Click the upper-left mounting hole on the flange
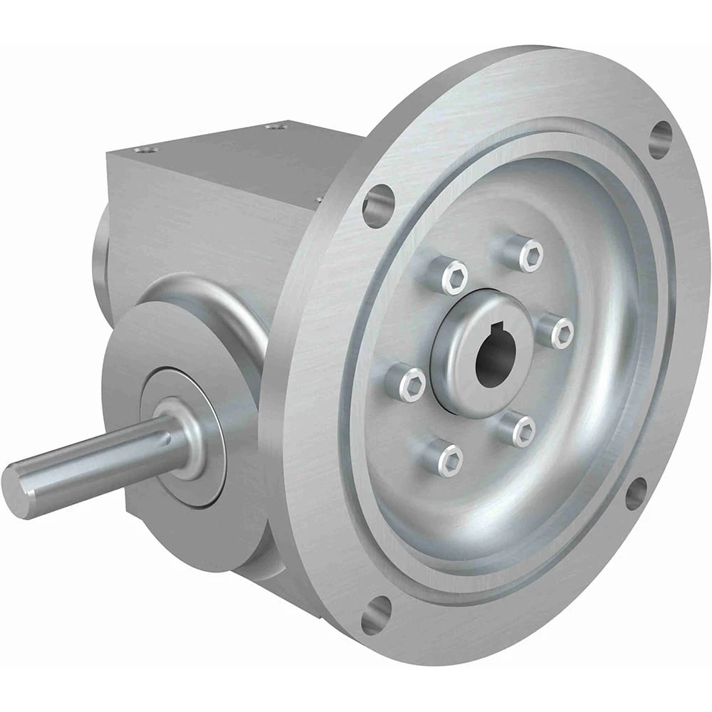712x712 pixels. [378, 205]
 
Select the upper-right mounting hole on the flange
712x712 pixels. [661, 140]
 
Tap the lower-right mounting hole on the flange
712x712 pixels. [636, 493]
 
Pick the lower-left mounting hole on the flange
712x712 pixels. [376, 614]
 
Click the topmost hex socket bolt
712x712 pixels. [530, 255]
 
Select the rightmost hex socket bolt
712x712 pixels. [562, 333]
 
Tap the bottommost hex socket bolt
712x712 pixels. [450, 459]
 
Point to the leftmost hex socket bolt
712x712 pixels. [412, 384]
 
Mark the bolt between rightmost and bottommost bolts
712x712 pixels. [523, 430]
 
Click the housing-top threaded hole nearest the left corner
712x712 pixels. [147, 150]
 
